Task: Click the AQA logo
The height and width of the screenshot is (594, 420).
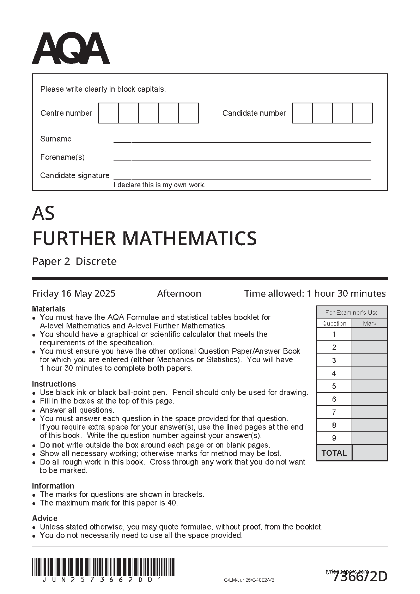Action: point(71,48)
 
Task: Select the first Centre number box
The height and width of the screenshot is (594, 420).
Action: point(108,113)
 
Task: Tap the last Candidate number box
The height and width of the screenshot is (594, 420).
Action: point(362,113)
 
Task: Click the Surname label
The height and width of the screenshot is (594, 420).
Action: point(56,139)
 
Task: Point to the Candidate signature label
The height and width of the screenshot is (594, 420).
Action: point(75,175)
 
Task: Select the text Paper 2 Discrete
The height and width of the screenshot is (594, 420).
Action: point(74,261)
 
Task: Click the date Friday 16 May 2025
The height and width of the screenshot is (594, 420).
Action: point(74,293)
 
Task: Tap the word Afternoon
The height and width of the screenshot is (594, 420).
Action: point(179,293)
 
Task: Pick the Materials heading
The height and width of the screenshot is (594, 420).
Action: point(49,309)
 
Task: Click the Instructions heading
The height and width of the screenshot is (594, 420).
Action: point(54,384)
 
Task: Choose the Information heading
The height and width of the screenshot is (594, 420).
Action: point(53,486)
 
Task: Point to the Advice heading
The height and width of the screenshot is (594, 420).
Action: point(45,518)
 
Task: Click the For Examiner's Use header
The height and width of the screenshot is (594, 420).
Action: point(352,313)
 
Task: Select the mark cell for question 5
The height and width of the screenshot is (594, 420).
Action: point(370,386)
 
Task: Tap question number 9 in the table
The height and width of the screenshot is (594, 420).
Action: point(334,438)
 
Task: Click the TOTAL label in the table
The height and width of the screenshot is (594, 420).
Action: point(334,453)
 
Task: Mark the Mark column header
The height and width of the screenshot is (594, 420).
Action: point(370,323)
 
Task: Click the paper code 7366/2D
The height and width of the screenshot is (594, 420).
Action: point(360,577)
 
